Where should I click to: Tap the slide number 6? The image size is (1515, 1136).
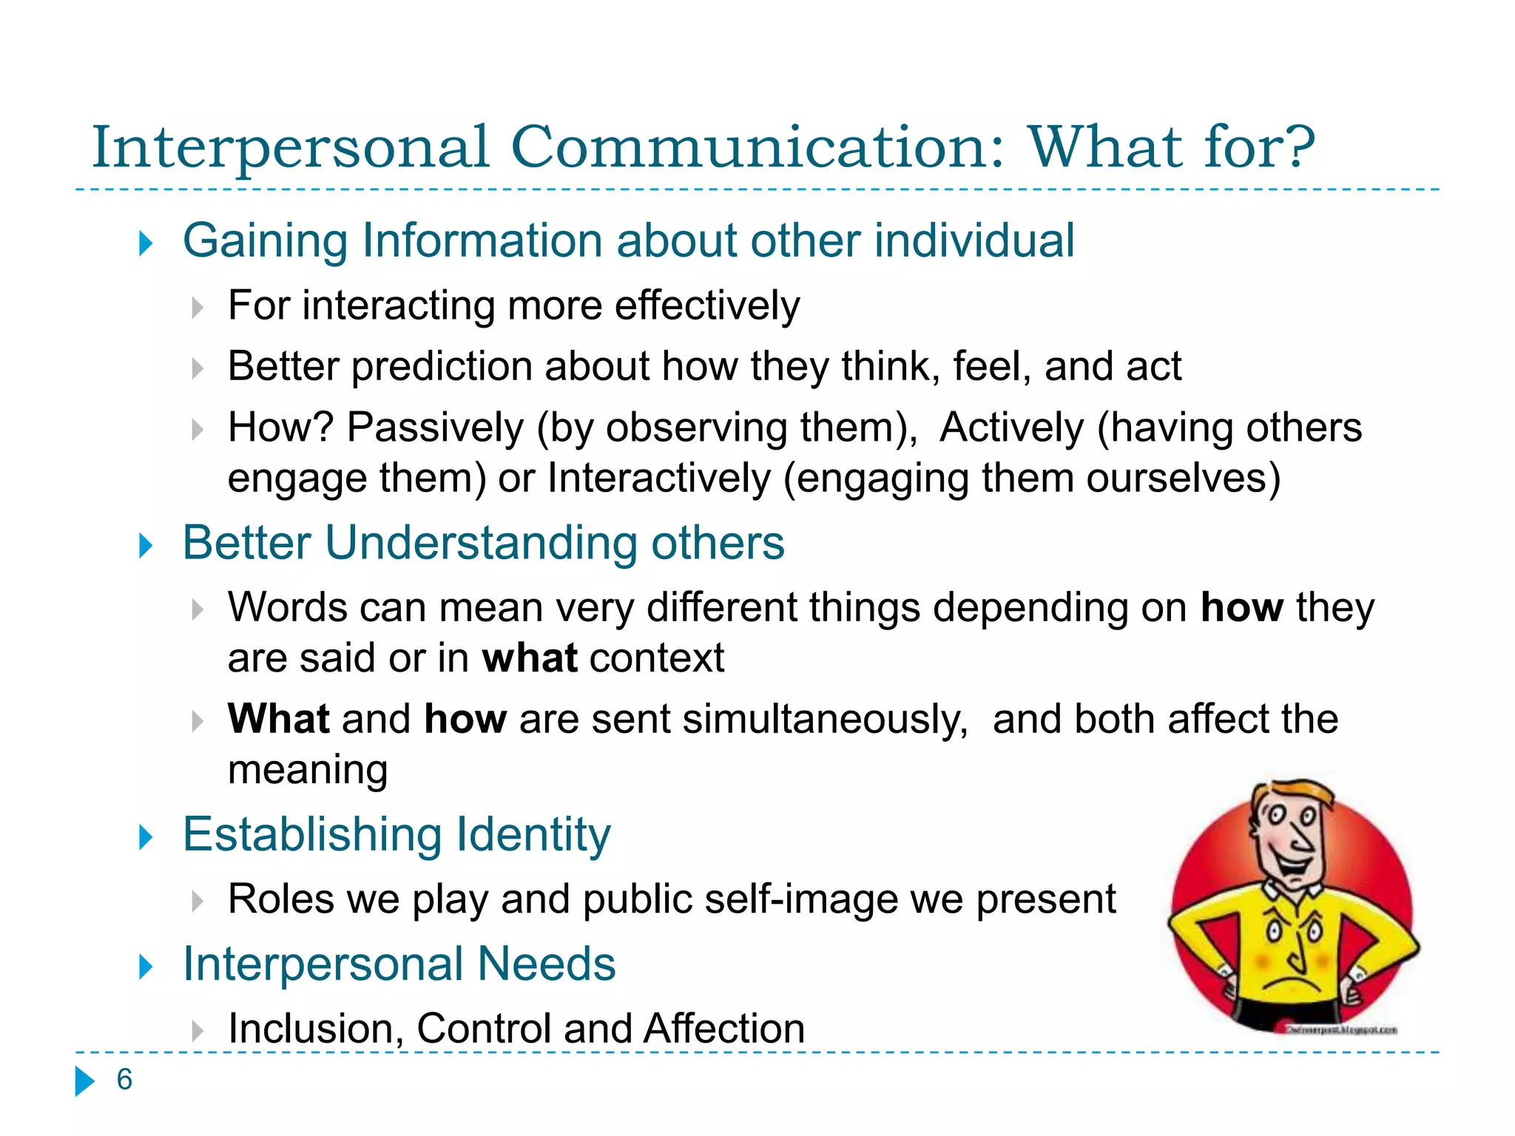124,1080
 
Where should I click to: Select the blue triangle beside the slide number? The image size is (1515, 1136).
85,1081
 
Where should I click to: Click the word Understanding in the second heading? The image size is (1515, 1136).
480,544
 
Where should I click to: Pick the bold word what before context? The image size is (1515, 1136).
529,658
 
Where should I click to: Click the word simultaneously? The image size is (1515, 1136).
825,720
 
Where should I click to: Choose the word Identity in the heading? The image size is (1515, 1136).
533,835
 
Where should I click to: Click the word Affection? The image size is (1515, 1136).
723,1029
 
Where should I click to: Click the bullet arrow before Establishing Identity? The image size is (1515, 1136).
146,837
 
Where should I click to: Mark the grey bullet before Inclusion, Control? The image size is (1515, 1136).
197,1030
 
